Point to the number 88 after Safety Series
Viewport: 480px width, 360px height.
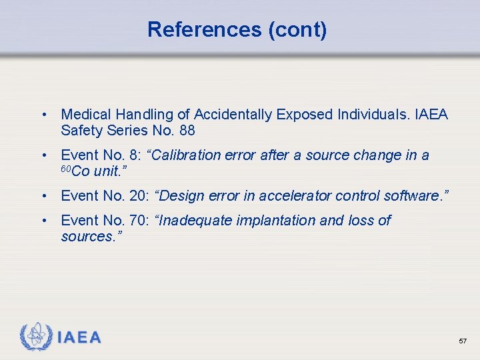point(187,131)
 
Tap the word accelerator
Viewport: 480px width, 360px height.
point(301,196)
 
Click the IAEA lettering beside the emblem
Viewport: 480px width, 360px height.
point(79,338)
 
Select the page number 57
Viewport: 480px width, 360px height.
point(463,341)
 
